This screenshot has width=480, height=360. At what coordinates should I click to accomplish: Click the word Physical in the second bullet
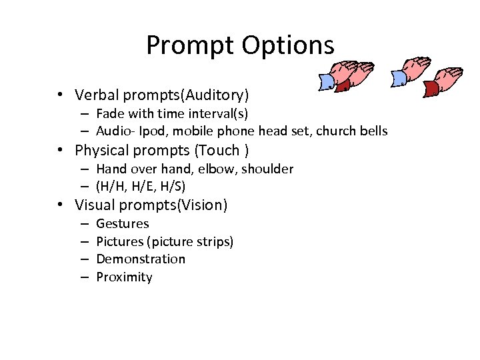[101, 150]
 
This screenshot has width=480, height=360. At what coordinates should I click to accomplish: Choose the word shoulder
[267, 169]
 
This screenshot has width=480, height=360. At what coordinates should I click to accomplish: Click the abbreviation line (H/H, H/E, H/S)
[141, 186]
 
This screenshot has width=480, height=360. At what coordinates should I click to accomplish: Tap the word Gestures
[123, 224]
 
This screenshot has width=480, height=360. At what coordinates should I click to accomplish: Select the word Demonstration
[141, 259]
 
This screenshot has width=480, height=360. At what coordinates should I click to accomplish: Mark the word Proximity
[124, 277]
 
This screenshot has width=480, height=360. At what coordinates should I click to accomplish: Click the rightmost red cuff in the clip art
[431, 89]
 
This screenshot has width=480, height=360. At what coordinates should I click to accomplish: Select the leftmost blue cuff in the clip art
[328, 81]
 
